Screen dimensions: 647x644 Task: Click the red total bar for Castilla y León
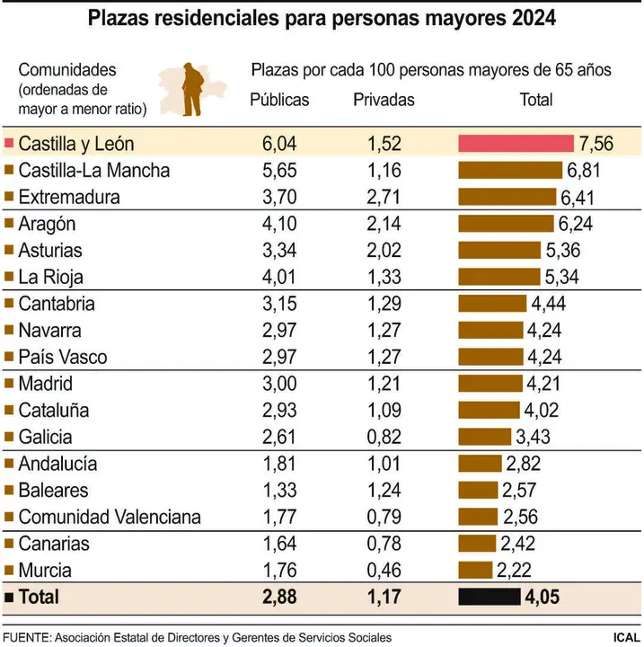pos(516,144)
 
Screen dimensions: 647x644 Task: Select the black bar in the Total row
pos(489,597)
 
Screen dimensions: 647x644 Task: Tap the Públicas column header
pos(278,100)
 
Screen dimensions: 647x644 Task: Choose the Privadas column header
pos(384,100)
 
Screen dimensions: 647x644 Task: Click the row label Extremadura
pos(68,197)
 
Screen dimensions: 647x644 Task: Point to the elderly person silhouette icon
pos(191,88)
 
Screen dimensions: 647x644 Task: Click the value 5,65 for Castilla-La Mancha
pos(278,170)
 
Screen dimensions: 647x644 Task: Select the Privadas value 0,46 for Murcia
pos(384,571)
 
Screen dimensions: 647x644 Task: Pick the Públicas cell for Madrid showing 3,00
pos(278,384)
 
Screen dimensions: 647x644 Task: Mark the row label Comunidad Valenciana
pos(110,517)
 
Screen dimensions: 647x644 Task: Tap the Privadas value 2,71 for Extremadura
pos(384,197)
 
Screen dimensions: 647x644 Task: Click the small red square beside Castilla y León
pos(9,144)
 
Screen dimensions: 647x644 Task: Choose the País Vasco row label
pos(62,357)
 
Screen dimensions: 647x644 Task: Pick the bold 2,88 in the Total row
pos(278,597)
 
